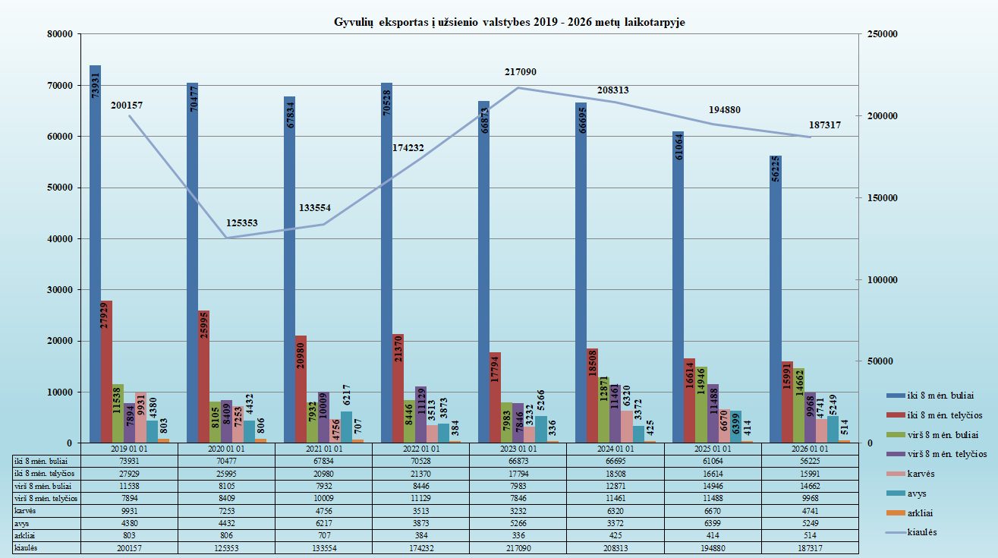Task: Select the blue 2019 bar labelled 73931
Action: pyautogui.click(x=96, y=251)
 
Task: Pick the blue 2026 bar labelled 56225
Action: pyautogui.click(x=776, y=304)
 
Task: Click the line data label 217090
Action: pyautogui.click(x=520, y=72)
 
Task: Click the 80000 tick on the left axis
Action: pyautogui.click(x=59, y=34)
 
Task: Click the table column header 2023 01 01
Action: pyautogui.click(x=518, y=449)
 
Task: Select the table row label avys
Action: pyautogui.click(x=24, y=524)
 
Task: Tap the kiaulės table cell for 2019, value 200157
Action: pyautogui.click(x=129, y=547)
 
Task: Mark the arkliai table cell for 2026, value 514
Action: pyautogui.click(x=810, y=535)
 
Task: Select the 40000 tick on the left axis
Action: pyautogui.click(x=59, y=239)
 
